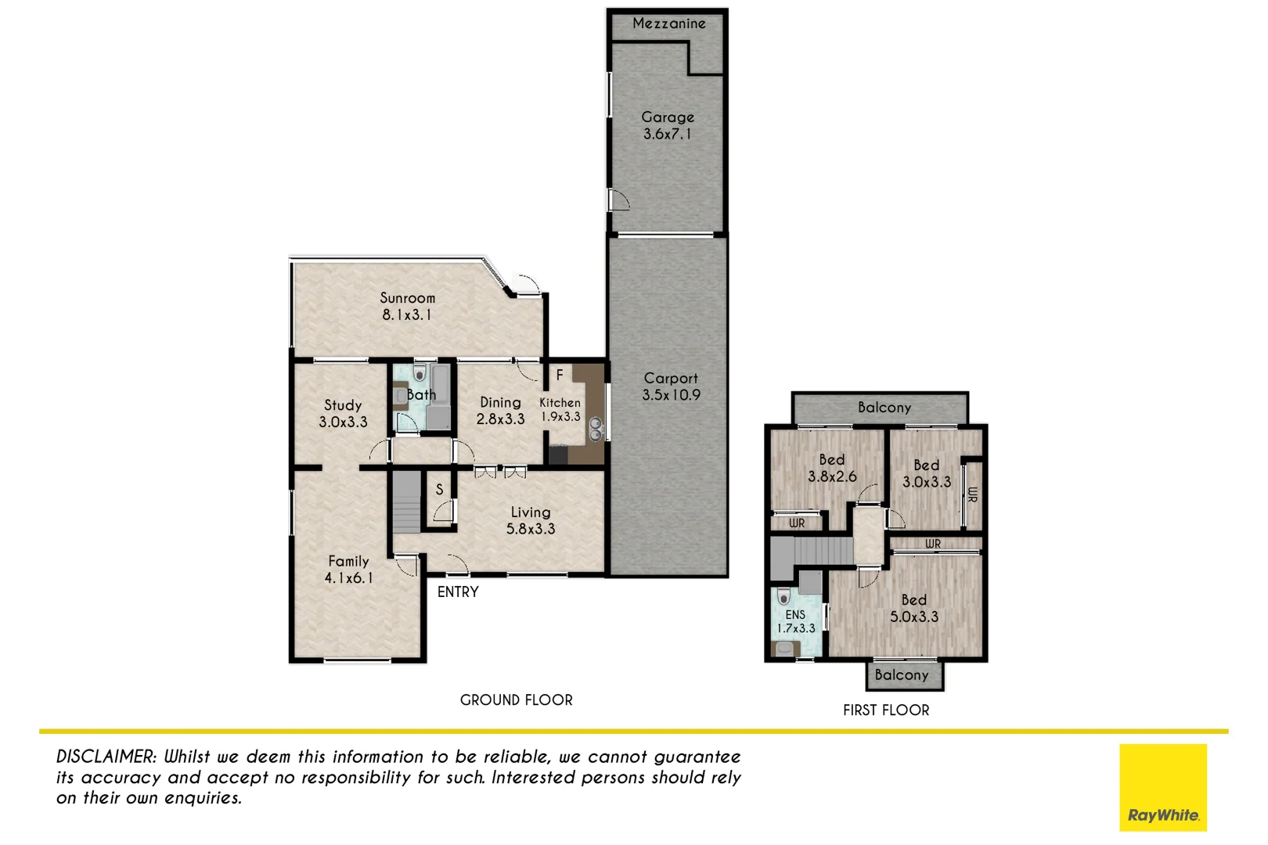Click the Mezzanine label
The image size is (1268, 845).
click(x=668, y=23)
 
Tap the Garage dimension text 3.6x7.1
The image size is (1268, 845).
click(x=667, y=134)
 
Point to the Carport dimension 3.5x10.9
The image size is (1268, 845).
click(x=671, y=395)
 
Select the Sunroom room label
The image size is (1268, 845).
click(x=407, y=298)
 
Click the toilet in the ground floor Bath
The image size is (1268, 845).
click(x=420, y=373)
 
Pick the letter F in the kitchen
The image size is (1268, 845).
click(x=560, y=376)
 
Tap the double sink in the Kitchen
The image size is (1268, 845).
click(x=596, y=429)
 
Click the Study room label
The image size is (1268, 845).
click(x=343, y=405)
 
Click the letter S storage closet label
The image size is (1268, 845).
click(x=439, y=490)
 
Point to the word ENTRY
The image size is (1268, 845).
click(x=458, y=592)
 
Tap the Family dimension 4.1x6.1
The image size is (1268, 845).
click(x=348, y=578)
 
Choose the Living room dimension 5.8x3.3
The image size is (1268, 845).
click(x=530, y=529)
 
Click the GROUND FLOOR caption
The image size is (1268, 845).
click(x=516, y=700)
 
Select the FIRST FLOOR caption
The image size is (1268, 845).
click(x=885, y=710)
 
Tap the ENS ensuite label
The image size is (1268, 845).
click(x=795, y=615)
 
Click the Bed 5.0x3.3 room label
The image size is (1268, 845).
click(x=913, y=600)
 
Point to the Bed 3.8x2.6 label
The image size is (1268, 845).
click(x=831, y=460)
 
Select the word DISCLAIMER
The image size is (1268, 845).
click(x=106, y=757)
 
